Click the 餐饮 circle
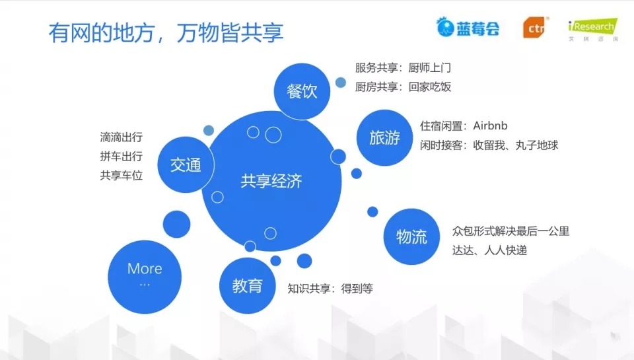coord(302,91)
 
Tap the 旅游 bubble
coord(384,137)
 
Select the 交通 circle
coord(186,164)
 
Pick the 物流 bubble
coord(411,236)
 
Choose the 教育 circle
coord(248,285)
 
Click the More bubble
coord(145,277)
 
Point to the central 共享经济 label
coord(271,181)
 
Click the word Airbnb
coord(490,126)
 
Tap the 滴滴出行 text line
coord(122,137)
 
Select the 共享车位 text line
coord(122,175)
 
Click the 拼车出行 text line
coord(122,156)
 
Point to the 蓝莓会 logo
coord(468,27)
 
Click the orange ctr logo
coord(536,28)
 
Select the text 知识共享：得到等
coord(330,289)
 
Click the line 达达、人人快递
coord(489,250)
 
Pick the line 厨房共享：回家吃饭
coord(403,87)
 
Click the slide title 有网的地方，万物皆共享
coord(166,32)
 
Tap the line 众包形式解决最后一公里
coord(511,231)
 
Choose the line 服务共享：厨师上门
coord(403,67)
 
